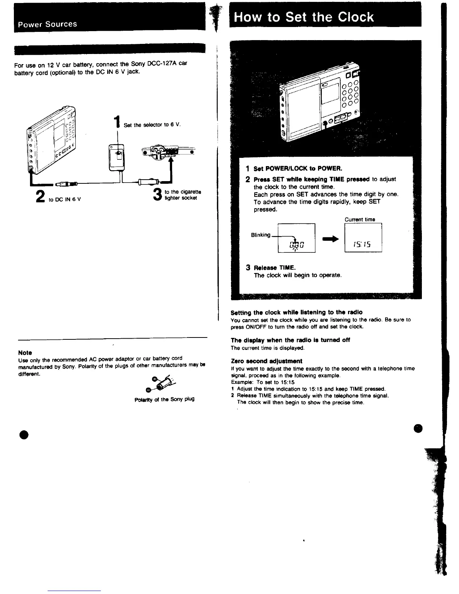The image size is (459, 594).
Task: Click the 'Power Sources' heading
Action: point(45,24)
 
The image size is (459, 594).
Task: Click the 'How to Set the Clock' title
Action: point(304,17)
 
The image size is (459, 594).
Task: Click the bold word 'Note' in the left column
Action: point(25,352)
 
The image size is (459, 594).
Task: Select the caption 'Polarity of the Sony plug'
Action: point(164,399)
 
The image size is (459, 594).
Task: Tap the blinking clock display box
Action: point(296,238)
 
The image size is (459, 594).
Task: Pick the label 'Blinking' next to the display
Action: point(260,235)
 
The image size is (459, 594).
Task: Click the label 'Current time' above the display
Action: point(360,219)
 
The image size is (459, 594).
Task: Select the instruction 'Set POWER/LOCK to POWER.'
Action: point(298,168)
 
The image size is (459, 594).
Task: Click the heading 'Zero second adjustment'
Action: point(266,361)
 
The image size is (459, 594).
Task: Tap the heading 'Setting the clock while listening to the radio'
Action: point(296,312)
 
